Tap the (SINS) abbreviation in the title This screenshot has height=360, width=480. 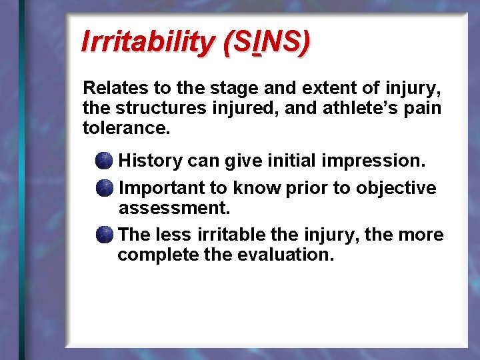266,42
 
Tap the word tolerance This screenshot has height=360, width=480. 125,127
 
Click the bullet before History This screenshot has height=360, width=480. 103,161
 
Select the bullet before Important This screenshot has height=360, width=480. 103,189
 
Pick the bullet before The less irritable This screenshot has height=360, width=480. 103,235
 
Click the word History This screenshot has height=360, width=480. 150,161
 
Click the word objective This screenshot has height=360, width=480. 396,189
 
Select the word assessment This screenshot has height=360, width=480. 174,208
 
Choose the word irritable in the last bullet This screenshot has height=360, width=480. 226,235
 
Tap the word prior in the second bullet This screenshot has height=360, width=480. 306,189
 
